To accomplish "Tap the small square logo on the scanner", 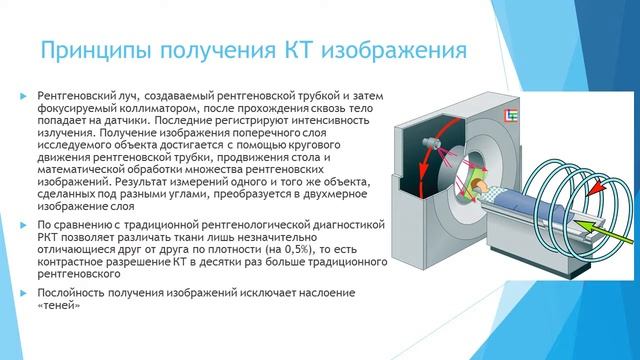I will click(x=511, y=118).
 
